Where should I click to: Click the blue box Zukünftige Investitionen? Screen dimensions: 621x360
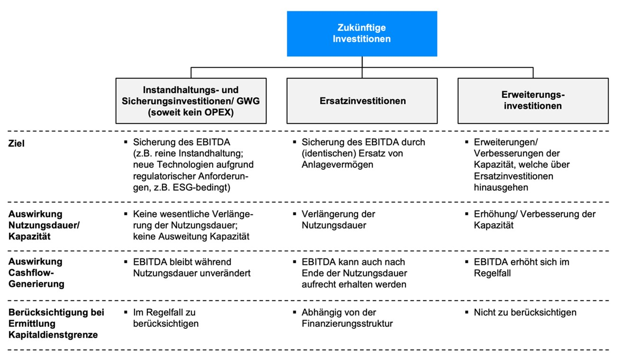pyautogui.click(x=362, y=34)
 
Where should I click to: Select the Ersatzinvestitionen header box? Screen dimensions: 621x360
pyautogui.click(x=362, y=101)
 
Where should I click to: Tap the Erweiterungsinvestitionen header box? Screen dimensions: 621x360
pyautogui.click(x=533, y=101)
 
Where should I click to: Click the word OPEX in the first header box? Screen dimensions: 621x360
pyautogui.click(x=217, y=112)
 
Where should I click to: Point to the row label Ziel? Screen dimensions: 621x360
pyautogui.click(x=17, y=143)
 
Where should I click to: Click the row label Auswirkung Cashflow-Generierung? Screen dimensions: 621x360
pyautogui.click(x=37, y=273)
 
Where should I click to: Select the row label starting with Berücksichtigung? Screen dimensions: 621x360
pyautogui.click(x=56, y=323)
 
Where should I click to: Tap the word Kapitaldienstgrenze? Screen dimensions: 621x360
pyautogui.click(x=53, y=335)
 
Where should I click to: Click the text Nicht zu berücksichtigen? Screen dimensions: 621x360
pyautogui.click(x=525, y=312)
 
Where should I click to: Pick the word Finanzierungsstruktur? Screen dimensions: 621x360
pyautogui.click(x=347, y=323)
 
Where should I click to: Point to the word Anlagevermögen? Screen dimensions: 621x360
pyautogui.click(x=338, y=165)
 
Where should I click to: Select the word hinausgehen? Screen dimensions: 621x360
pyautogui.click(x=501, y=187)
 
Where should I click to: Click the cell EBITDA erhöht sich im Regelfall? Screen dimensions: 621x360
pyautogui.click(x=521, y=268)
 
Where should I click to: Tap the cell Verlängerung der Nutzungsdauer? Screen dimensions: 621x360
pyautogui.click(x=338, y=220)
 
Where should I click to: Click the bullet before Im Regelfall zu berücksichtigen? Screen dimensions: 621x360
pyautogui.click(x=126, y=312)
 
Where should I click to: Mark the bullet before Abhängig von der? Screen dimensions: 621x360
pyautogui.click(x=294, y=312)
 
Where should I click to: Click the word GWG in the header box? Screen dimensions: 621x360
pyautogui.click(x=248, y=101)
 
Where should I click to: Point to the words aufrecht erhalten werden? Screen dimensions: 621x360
pyautogui.click(x=354, y=284)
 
